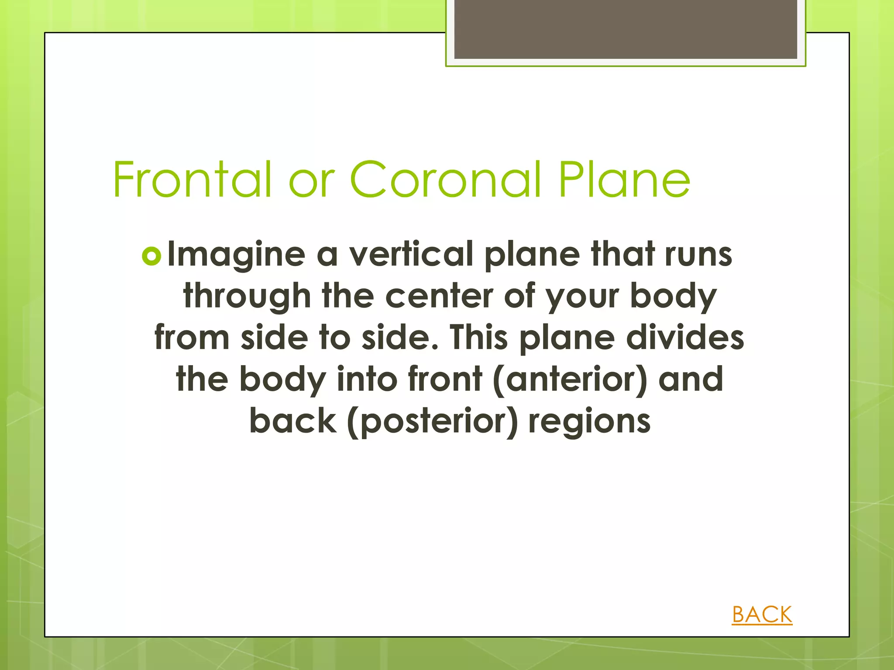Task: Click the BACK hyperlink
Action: click(762, 615)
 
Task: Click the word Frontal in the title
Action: click(192, 179)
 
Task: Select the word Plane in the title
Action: click(624, 179)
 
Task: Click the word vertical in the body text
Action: click(411, 254)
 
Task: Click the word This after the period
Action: click(478, 338)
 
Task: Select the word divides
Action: click(685, 338)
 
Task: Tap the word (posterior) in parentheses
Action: click(433, 421)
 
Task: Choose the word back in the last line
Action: click(293, 420)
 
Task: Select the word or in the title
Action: click(311, 180)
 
